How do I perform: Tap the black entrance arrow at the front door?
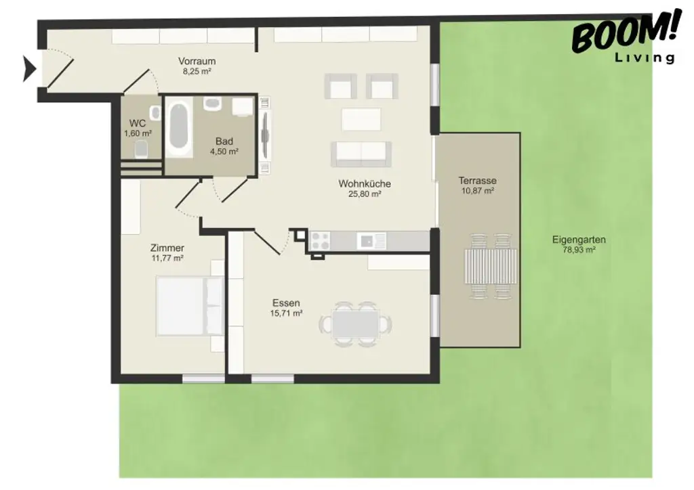pyautogui.click(x=29, y=69)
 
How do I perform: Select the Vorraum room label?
pyautogui.click(x=197, y=61)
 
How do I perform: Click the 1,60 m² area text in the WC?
pyautogui.click(x=138, y=133)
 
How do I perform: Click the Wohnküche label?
pyautogui.click(x=365, y=183)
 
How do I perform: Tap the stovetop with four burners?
pyautogui.click(x=320, y=240)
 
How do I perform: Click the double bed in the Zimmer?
pyautogui.click(x=190, y=305)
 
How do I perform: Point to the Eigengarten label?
pyautogui.click(x=578, y=240)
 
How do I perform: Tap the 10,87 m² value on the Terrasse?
pyautogui.click(x=477, y=191)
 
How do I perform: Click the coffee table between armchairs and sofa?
pyautogui.click(x=361, y=119)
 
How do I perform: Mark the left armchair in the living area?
pyautogui.click(x=340, y=87)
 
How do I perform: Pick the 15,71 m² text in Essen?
pyautogui.click(x=286, y=313)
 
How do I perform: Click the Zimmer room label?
pyautogui.click(x=167, y=248)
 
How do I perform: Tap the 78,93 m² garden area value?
pyautogui.click(x=578, y=250)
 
